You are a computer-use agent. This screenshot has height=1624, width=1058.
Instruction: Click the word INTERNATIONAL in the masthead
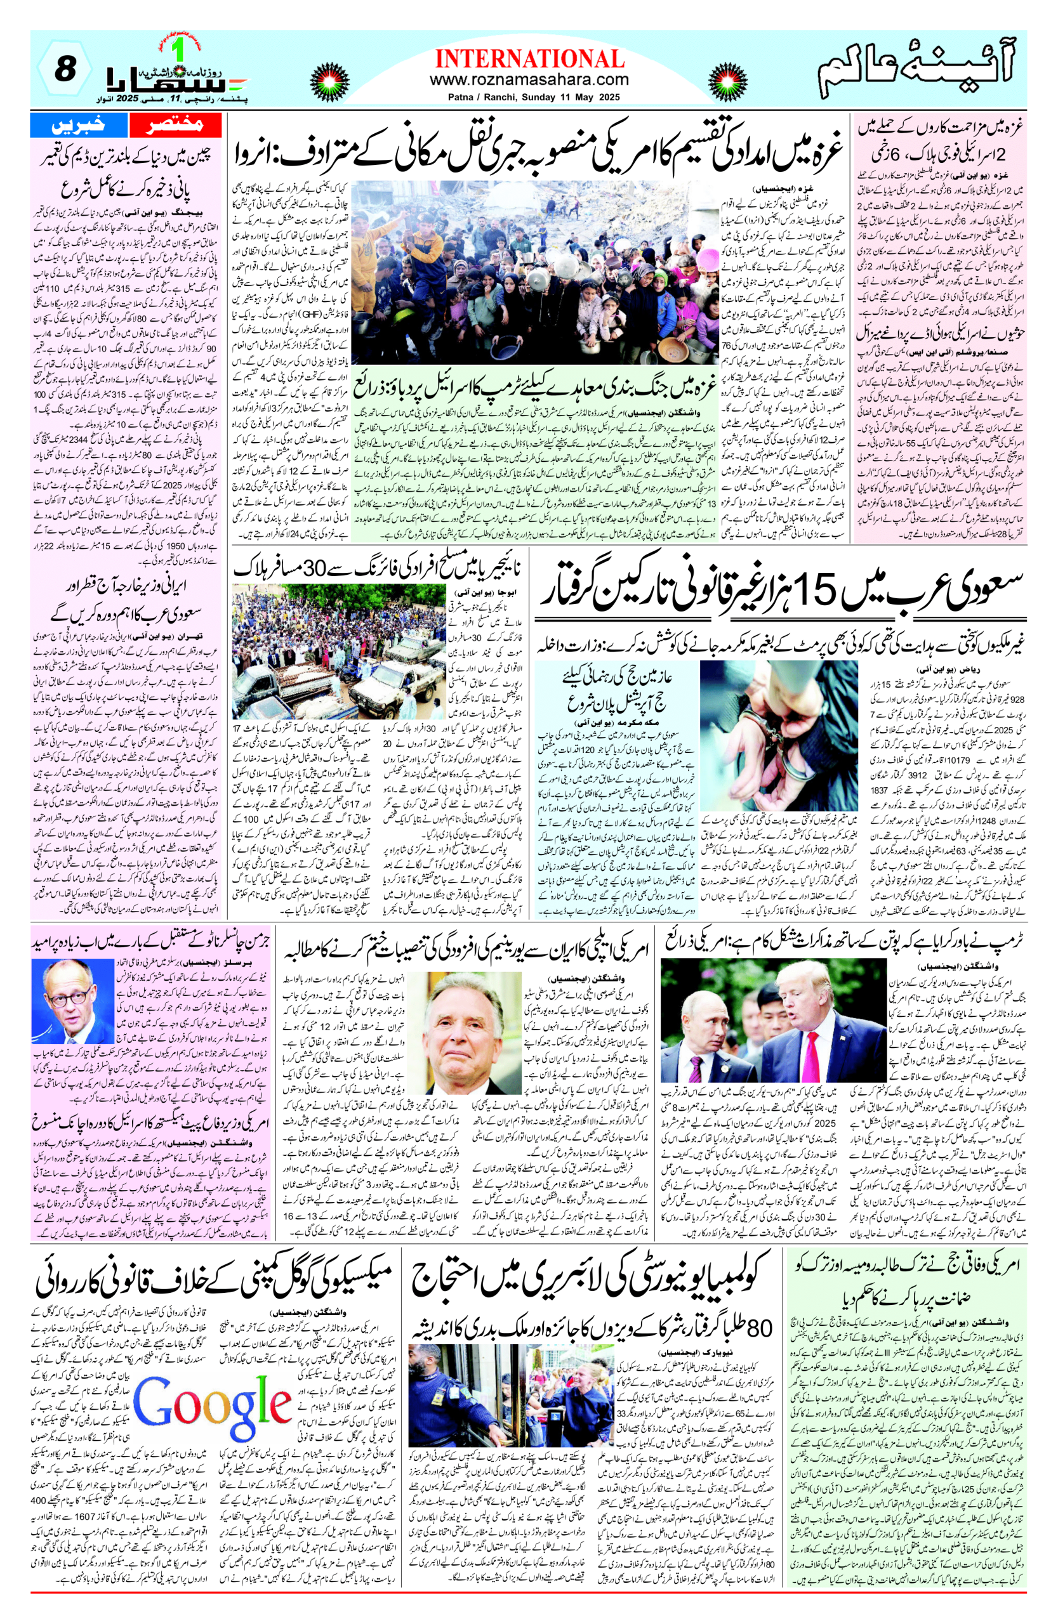[529, 59]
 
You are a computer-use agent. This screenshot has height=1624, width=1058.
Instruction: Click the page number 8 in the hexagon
[64, 70]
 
